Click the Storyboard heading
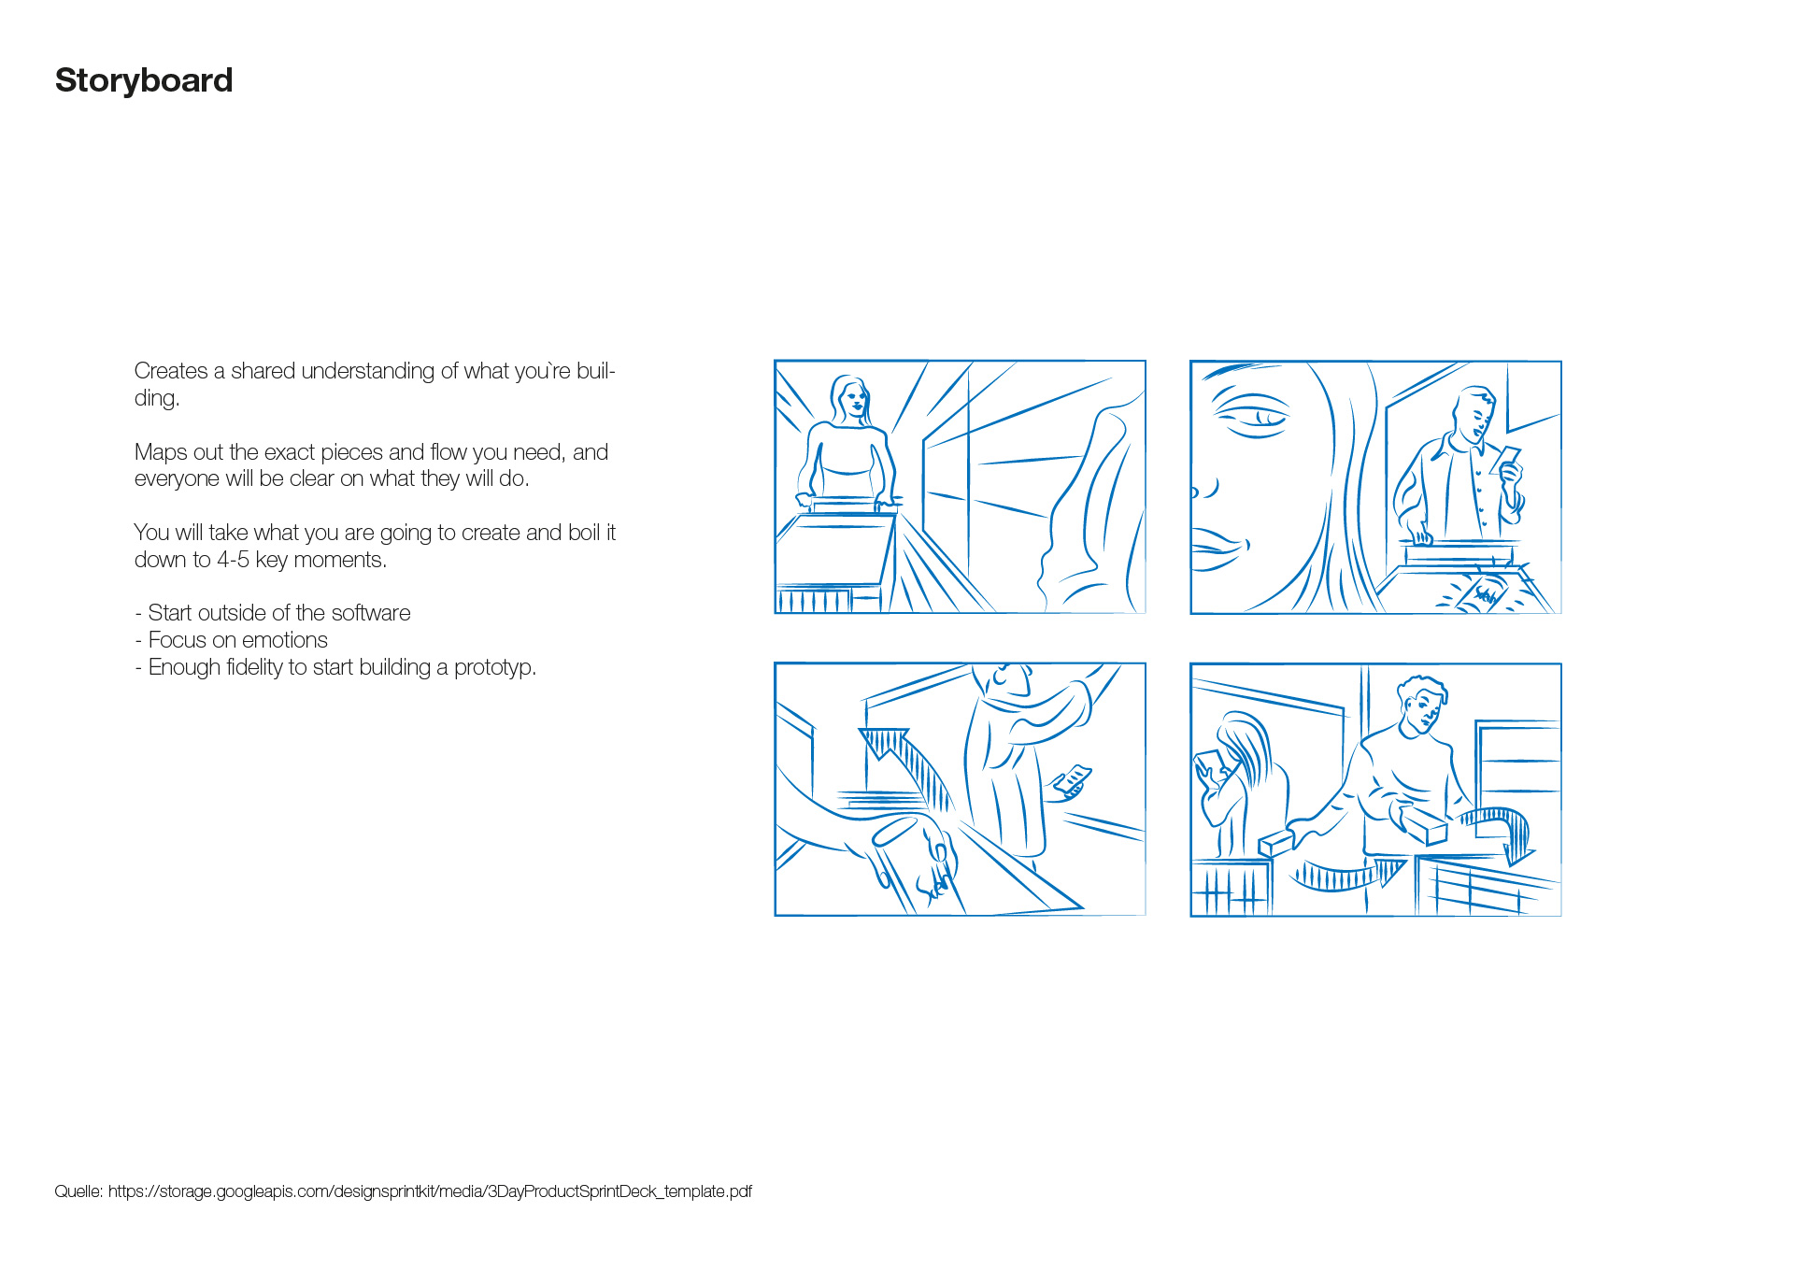coord(144,81)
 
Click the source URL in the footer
coord(430,1191)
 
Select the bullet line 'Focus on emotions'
coord(231,640)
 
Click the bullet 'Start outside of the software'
coord(273,613)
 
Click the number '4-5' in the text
coord(233,560)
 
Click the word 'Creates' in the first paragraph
coord(171,371)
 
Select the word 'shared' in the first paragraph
coord(263,371)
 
